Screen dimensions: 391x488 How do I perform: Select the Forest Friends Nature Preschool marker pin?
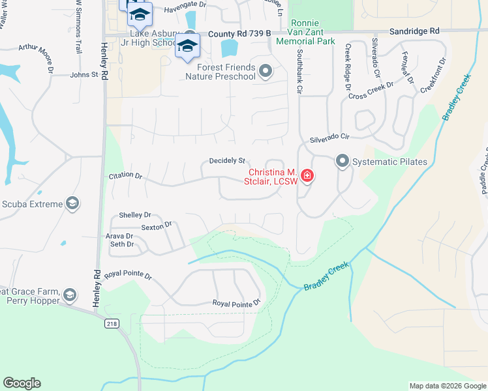(x=265, y=71)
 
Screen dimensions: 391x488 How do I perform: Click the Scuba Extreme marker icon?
(x=72, y=204)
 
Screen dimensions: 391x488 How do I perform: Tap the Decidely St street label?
(x=227, y=160)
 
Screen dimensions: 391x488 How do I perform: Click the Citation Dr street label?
(x=125, y=175)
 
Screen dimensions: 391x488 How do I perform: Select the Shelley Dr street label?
(x=135, y=215)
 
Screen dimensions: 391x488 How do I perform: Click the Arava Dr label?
(x=119, y=236)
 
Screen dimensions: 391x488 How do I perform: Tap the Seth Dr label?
(x=121, y=244)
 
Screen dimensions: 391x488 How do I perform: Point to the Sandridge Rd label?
(x=414, y=31)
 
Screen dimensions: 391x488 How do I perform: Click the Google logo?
(x=22, y=383)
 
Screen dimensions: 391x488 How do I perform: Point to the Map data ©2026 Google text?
(x=447, y=386)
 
